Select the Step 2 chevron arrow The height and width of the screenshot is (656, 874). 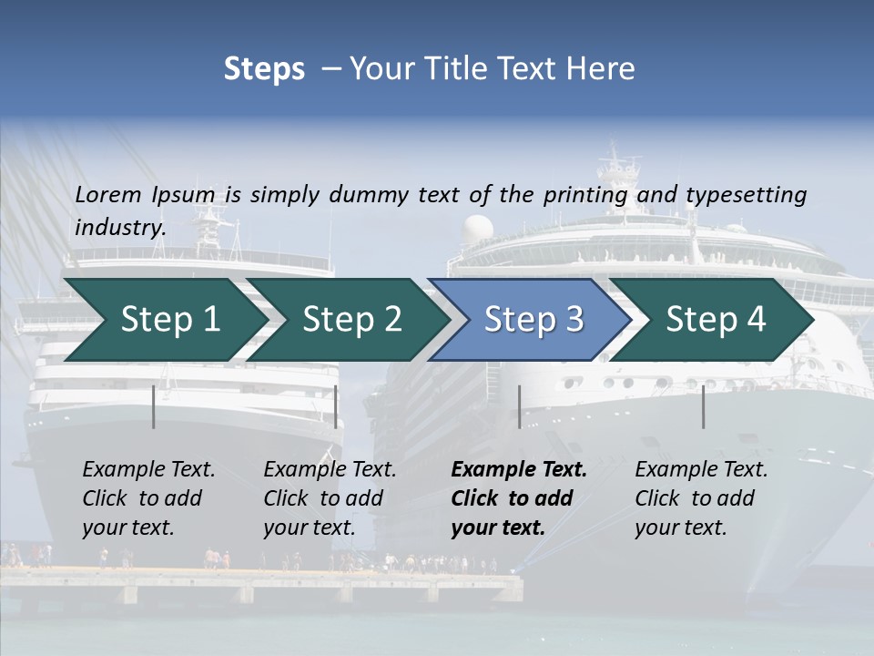[351, 319]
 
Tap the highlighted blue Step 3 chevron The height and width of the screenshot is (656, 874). [534, 319]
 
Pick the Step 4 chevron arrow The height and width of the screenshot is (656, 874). [716, 319]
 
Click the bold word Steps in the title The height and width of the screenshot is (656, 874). [264, 69]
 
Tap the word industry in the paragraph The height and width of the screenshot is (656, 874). [120, 227]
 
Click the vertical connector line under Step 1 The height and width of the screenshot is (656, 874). [154, 406]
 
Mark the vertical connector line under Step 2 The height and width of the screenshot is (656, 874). [336, 406]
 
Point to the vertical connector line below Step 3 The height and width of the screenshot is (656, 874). [519, 406]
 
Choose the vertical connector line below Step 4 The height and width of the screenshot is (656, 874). [703, 406]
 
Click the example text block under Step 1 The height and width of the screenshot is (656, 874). [148, 498]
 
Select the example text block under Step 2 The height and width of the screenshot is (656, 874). [330, 498]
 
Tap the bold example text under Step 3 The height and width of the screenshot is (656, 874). [519, 498]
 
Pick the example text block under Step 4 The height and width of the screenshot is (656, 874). [701, 498]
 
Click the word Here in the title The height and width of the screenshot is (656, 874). [602, 69]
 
